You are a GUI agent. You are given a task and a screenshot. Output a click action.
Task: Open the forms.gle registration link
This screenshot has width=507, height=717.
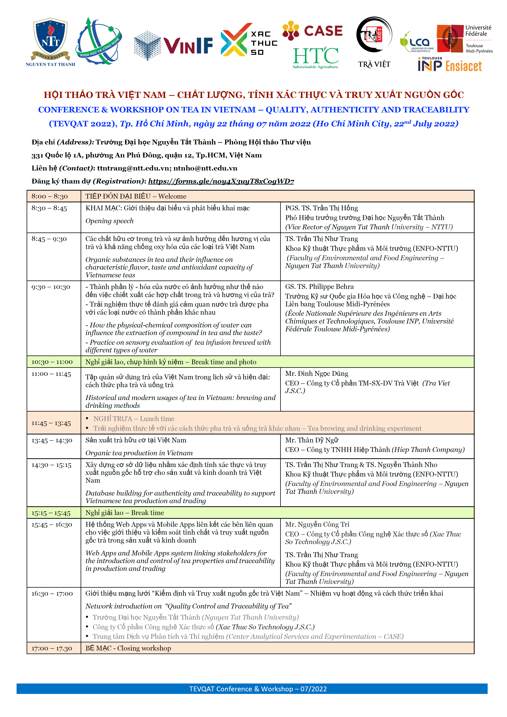(221, 181)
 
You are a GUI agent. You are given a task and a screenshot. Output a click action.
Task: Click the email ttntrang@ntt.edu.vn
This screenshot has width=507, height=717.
(133, 168)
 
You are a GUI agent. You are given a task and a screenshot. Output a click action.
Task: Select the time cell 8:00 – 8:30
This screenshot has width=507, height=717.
(50, 196)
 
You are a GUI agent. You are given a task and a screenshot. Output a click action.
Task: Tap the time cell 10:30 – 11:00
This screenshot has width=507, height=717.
(52, 362)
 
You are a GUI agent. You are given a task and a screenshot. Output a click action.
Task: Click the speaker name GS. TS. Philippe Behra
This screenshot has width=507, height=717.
(319, 287)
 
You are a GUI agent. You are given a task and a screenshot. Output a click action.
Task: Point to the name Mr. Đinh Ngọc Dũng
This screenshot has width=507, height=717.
(317, 374)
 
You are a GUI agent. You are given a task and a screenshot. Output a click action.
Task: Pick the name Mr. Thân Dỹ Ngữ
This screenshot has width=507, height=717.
(311, 440)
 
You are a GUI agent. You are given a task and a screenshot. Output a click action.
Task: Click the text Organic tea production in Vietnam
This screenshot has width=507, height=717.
(139, 453)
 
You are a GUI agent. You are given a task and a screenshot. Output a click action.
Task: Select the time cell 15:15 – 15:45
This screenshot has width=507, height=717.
(51, 513)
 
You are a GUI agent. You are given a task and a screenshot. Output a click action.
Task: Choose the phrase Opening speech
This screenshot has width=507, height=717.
(109, 221)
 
